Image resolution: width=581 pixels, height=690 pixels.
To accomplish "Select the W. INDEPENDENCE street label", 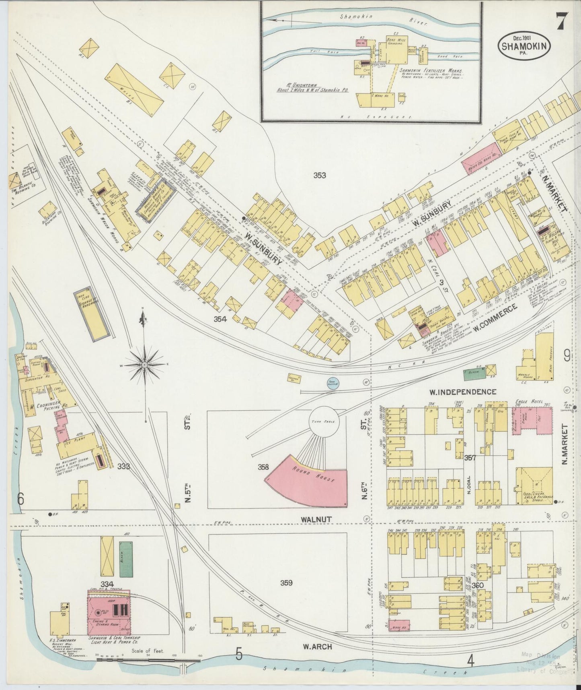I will (x=462, y=392).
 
